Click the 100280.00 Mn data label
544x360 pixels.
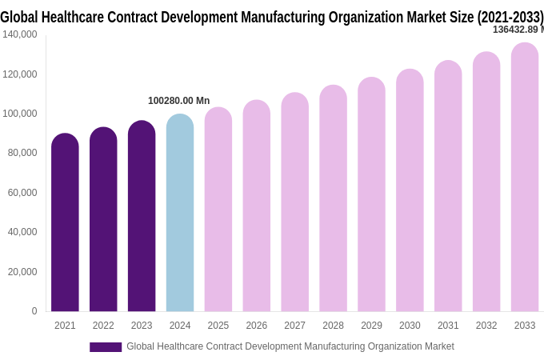pos(178,101)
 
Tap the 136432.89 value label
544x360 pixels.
pos(517,30)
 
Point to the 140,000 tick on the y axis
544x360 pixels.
pos(20,34)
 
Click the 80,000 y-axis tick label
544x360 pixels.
pos(22,153)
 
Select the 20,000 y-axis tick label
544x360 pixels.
pos(22,272)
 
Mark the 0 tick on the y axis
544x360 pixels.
pos(34,311)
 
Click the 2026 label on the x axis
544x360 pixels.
pos(257,326)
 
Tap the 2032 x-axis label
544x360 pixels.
pos(486,326)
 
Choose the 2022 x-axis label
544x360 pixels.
pos(103,326)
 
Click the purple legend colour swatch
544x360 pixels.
pos(106,347)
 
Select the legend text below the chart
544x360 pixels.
pos(290,346)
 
